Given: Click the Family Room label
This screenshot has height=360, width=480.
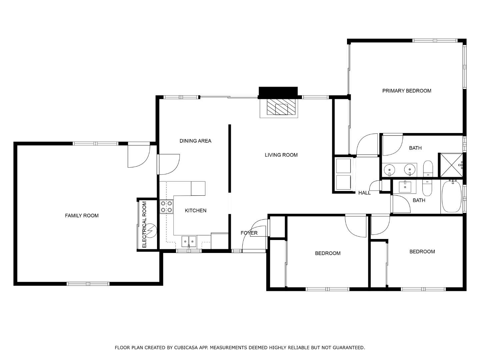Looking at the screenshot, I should coord(82,216).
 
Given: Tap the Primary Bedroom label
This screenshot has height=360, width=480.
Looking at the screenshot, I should coord(406,91).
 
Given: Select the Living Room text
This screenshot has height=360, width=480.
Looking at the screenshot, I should coord(281,155).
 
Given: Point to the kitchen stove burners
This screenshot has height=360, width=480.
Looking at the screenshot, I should coord(166,206).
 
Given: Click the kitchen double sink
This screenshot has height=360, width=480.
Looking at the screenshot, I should coord(189,241).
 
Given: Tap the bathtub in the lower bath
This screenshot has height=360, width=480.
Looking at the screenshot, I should coord(452,196).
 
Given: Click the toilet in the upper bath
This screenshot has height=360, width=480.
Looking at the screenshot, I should coord(428,169).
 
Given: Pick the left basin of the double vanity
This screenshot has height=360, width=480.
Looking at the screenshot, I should coord(390,170).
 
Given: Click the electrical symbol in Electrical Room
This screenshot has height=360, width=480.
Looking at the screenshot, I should coord(151,230).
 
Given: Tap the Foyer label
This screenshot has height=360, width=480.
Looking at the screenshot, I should coord(249,233).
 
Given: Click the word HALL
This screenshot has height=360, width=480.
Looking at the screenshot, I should coord(364,193).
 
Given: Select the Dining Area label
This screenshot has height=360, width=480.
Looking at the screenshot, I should coord(195,141).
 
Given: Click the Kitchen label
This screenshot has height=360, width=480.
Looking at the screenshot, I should coord(196,210).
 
